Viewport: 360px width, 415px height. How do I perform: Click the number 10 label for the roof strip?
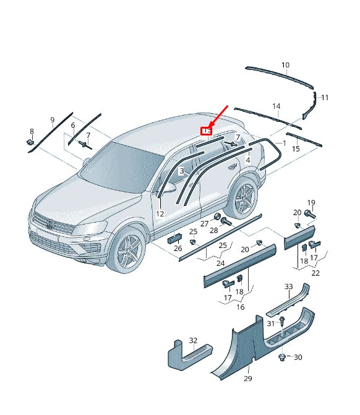click(285, 65)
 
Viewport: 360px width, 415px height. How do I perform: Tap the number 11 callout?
click(325, 98)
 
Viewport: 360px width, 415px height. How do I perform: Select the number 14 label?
click(276, 106)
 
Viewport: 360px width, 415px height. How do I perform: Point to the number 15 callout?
click(296, 148)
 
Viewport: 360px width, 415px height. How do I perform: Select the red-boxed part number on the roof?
click(207, 130)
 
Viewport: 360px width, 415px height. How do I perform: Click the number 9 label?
click(53, 119)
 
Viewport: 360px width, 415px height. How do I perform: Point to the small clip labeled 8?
click(30, 143)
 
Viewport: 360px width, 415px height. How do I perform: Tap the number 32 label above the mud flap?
click(193, 341)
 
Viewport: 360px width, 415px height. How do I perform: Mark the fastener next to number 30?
click(283, 357)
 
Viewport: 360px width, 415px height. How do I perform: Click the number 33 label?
click(288, 286)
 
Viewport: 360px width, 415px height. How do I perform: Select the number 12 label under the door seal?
click(160, 213)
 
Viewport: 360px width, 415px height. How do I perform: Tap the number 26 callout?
click(178, 249)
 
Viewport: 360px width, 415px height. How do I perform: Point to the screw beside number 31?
click(282, 320)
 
